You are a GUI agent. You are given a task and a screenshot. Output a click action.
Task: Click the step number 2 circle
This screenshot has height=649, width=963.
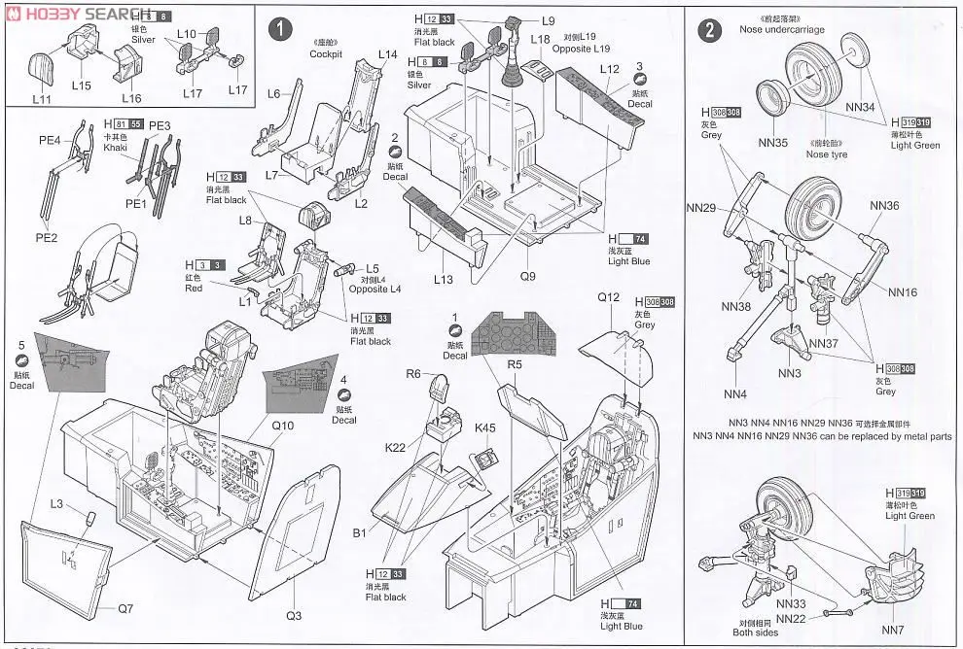[711, 31]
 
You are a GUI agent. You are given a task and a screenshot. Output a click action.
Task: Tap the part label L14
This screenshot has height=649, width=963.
[388, 54]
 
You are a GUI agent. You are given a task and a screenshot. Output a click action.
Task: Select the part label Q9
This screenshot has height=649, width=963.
[527, 276]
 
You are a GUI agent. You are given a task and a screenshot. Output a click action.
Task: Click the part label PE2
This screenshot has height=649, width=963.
[46, 237]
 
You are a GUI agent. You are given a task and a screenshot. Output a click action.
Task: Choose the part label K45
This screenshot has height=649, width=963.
[484, 428]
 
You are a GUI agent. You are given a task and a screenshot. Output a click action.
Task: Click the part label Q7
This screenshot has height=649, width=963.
[125, 609]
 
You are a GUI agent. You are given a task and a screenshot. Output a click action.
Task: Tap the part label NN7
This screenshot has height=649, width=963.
[893, 629]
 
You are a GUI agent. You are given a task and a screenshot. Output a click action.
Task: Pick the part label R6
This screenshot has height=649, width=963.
[412, 373]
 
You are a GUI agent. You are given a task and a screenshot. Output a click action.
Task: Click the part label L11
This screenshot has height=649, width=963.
[42, 100]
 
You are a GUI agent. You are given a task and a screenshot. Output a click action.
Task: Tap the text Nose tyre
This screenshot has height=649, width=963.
[826, 154]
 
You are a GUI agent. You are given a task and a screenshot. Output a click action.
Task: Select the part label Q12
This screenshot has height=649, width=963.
[609, 296]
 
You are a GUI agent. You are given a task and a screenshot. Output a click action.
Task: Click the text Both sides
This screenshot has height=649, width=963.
[755, 632]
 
